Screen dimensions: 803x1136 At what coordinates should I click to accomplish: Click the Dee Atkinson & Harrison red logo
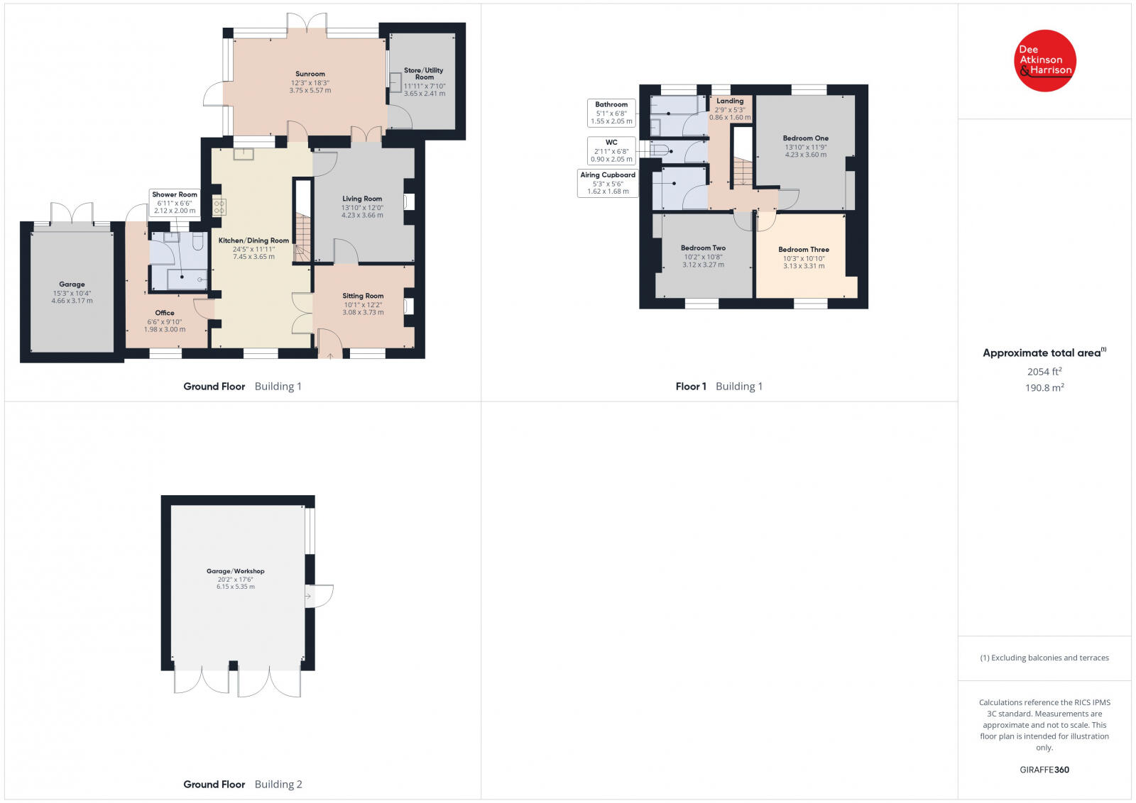(1045, 60)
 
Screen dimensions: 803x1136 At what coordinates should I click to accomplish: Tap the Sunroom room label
(310, 74)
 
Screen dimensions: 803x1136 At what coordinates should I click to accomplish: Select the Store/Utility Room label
(424, 73)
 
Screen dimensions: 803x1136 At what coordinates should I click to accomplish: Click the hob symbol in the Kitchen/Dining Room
(219, 206)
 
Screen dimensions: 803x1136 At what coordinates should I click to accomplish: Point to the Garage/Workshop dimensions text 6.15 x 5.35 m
(236, 587)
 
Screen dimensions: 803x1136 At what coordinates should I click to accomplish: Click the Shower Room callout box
(175, 202)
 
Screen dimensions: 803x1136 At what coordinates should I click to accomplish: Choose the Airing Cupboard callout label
(608, 183)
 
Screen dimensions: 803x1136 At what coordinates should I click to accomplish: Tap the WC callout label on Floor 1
(611, 150)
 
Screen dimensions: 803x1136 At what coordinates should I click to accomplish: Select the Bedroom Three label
(804, 250)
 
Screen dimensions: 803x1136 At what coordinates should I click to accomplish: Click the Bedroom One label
(806, 138)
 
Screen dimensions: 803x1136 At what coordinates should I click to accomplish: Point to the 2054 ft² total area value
(1044, 372)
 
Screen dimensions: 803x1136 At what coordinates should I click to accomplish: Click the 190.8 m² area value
(1044, 388)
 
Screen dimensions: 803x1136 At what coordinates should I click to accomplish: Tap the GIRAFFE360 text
(1044, 770)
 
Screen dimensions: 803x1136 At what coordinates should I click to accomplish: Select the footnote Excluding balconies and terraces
(1044, 658)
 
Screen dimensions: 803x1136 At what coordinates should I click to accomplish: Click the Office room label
(165, 313)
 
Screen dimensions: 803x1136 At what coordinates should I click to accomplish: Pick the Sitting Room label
(363, 296)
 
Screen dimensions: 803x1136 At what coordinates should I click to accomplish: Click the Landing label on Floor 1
(730, 101)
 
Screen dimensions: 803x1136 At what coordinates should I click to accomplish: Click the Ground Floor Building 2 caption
(243, 785)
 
